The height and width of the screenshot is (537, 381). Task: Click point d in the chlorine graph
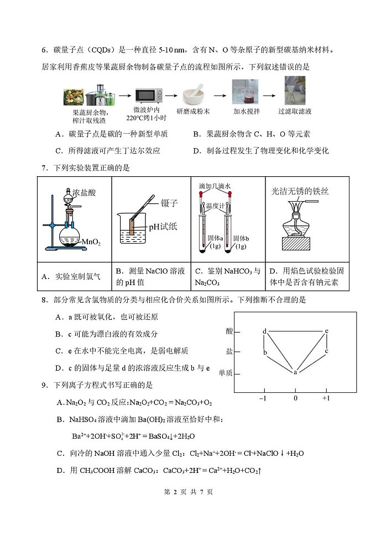coord(265,331)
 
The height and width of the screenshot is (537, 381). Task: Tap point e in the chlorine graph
coord(327,331)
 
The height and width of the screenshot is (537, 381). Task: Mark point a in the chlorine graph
coord(295,372)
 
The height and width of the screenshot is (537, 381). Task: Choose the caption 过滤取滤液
coord(295,112)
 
